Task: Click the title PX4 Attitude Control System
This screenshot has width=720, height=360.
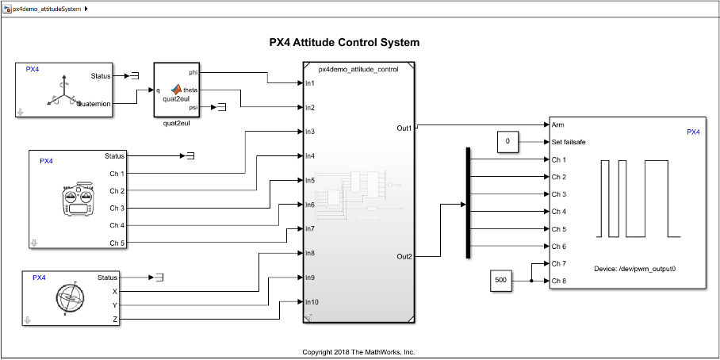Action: (344, 43)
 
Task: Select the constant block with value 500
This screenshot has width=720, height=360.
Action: (500, 281)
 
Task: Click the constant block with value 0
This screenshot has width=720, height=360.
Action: (507, 143)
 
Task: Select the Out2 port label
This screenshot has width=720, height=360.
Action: (404, 256)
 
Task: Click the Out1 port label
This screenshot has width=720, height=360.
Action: (404, 128)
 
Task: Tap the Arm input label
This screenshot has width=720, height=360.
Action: (557, 125)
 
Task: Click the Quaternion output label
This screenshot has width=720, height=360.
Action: (94, 103)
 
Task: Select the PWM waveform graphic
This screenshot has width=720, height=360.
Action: (641, 198)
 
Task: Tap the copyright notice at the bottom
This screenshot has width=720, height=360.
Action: (358, 352)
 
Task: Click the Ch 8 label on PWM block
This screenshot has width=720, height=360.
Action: (559, 281)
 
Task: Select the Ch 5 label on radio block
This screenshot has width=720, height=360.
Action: (117, 243)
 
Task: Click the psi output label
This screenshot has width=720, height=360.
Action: (193, 107)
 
